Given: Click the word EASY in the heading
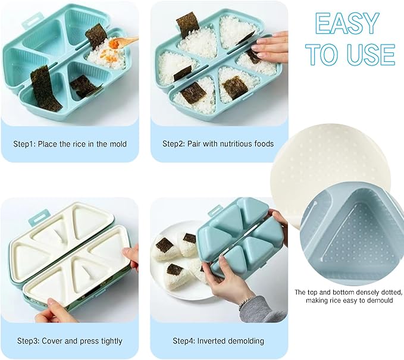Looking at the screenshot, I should click(347, 24).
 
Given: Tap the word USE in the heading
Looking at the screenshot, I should click(369, 55).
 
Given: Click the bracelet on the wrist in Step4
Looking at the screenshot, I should click(246, 303).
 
